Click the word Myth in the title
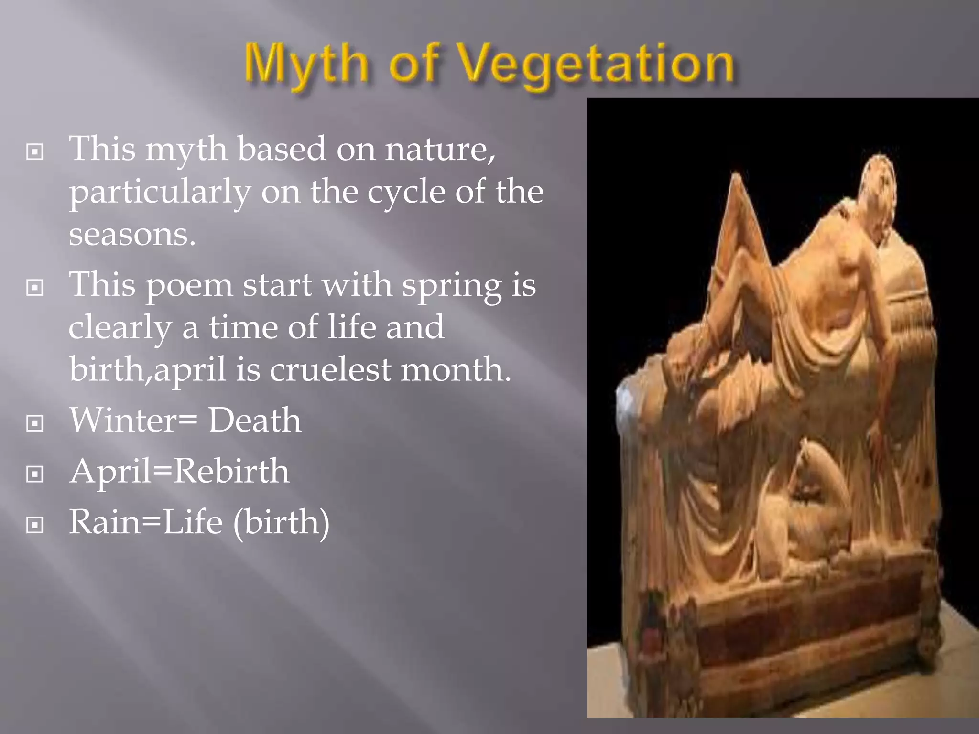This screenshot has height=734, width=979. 306,65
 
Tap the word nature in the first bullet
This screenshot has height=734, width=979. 440,149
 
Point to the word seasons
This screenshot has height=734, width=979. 132,234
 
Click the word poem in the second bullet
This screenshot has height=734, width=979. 189,285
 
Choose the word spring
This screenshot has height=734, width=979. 452,285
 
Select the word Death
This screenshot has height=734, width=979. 254,420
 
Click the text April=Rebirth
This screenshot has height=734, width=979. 179,471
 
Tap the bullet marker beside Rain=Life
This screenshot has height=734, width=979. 35,525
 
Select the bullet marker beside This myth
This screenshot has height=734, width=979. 35,152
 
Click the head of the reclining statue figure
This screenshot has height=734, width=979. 880,182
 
